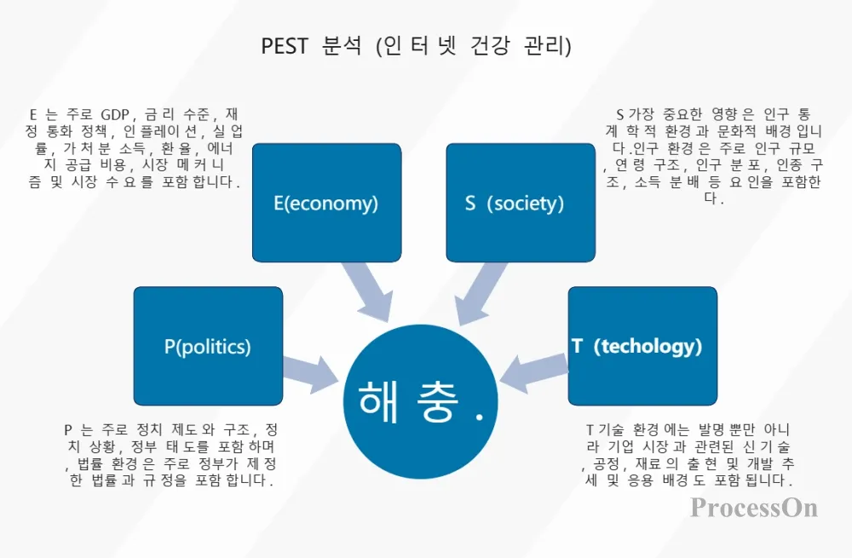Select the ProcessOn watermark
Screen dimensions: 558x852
754,508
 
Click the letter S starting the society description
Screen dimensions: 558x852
619,113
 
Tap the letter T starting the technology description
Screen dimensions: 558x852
590,429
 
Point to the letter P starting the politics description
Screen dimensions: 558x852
67,429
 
